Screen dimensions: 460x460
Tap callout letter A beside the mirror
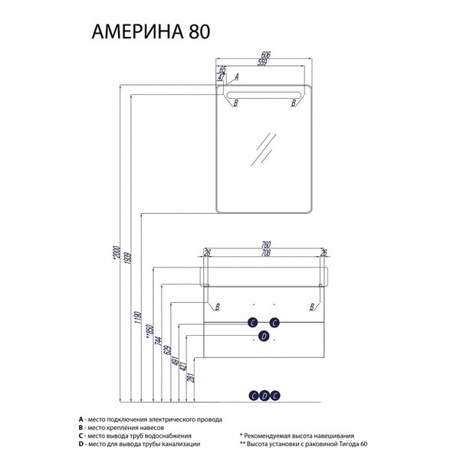pos(237,77)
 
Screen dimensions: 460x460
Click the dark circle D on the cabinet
pos(263,336)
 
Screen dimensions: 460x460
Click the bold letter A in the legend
pos(80,420)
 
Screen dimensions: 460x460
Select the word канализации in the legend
pos(178,444)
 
